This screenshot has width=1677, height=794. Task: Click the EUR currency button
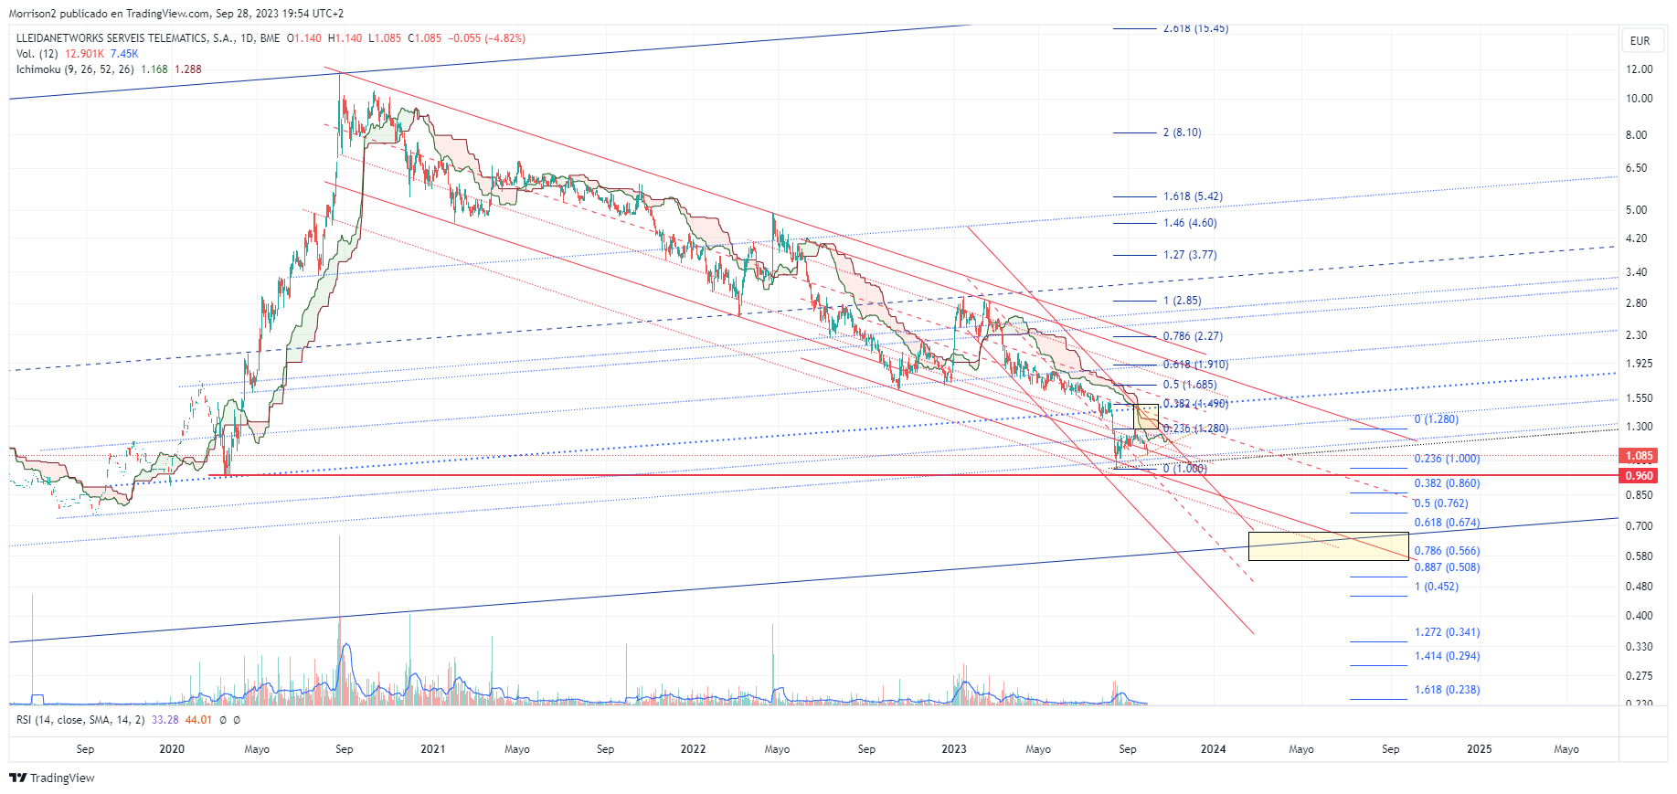point(1640,41)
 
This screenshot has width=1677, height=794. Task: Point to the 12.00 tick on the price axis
point(1639,69)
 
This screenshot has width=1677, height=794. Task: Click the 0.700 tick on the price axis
point(1639,526)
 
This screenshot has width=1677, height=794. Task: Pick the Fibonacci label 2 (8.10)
point(1182,132)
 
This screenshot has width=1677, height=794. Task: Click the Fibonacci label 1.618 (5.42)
point(1192,196)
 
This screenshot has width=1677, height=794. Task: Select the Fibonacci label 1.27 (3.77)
point(1189,255)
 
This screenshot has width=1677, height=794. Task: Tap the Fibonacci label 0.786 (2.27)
point(1192,336)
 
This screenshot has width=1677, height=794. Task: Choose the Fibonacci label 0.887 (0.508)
point(1447,567)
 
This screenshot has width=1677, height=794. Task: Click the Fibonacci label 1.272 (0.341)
point(1447,632)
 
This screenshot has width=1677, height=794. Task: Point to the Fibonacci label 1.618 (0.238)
point(1447,690)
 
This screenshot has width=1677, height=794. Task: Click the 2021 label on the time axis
point(432,749)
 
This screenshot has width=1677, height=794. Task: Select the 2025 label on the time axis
point(1479,749)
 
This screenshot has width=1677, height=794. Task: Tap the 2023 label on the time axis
point(953,749)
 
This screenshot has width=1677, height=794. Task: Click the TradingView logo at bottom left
point(52,778)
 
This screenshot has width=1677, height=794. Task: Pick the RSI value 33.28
point(165,720)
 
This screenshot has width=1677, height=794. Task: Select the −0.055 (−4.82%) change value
point(486,38)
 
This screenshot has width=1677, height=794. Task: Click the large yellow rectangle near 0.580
point(1328,546)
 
